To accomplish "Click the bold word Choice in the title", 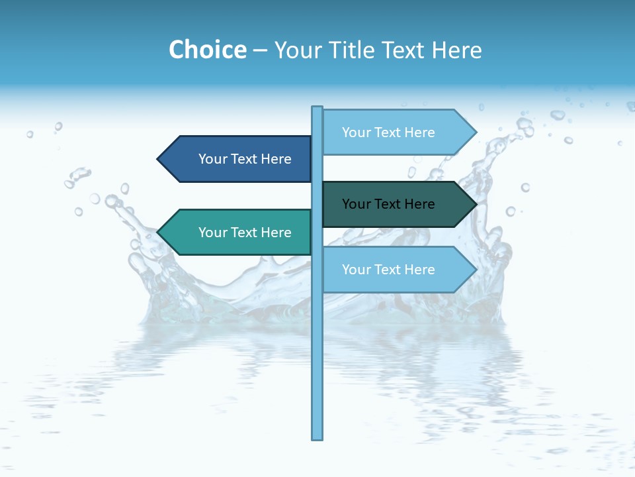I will pyautogui.click(x=207, y=50).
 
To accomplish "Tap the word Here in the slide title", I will pyautogui.click(x=456, y=50).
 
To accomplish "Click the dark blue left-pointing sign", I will pyautogui.click(x=238, y=159).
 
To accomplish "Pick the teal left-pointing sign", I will pyautogui.click(x=238, y=232).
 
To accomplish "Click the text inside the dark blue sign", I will pyautogui.click(x=245, y=159).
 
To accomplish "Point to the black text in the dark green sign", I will pyautogui.click(x=388, y=204).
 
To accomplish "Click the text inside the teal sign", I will pyautogui.click(x=245, y=233).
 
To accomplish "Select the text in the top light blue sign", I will pyautogui.click(x=388, y=132).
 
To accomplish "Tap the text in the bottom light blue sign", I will pyautogui.click(x=388, y=270).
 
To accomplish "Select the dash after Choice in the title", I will pyautogui.click(x=260, y=50).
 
